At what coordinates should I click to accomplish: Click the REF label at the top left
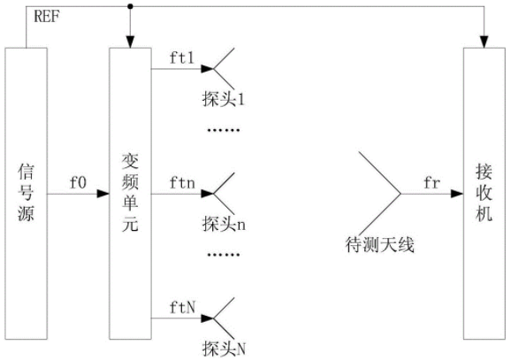pos(47,16)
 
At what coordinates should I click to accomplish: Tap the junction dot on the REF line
pos(130,6)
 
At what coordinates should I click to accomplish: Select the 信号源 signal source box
pos(26,194)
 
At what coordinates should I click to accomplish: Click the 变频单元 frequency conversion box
pos(130,194)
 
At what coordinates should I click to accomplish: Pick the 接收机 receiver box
pos(484,194)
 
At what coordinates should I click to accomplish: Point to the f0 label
pos(78,182)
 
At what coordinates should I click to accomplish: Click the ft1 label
pos(182,57)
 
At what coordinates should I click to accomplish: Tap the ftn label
pos(182,183)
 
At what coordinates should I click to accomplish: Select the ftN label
pos(182,307)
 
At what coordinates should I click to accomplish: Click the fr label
pos(432,182)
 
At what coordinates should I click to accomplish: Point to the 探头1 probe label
pos(224,99)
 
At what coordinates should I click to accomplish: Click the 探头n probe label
pos(224,224)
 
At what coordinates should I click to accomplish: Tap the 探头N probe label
pos(224,349)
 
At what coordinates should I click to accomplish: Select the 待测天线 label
pos(379,244)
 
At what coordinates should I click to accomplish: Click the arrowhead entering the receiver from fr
pos(457,194)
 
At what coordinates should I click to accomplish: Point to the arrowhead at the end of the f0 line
pos(103,194)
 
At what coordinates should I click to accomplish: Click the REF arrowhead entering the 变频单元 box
pos(130,42)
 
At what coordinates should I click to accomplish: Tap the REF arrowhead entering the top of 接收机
pos(484,42)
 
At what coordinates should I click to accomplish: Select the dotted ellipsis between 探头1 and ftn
pos(224,130)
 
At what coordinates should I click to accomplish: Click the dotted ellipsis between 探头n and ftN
pos(224,255)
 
